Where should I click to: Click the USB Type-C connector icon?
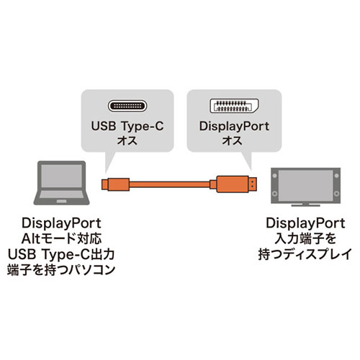(x=127, y=106)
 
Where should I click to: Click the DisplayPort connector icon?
(x=234, y=106)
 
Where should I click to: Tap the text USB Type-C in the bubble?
(x=127, y=127)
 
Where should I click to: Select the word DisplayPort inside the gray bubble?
(x=234, y=127)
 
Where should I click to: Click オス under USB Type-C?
(x=127, y=140)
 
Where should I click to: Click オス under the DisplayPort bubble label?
(x=232, y=140)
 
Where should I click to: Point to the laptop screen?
(x=62, y=176)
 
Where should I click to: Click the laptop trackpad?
(x=61, y=201)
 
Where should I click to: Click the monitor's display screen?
(x=305, y=185)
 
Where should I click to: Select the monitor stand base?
(x=305, y=205)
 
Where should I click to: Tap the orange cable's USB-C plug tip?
(x=104, y=184)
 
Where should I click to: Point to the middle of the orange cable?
(x=169, y=184)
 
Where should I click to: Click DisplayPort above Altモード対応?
(x=61, y=223)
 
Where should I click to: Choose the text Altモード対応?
(x=61, y=239)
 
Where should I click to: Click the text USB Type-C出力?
(x=61, y=254)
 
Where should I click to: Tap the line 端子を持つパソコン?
(x=61, y=270)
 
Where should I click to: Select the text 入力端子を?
(x=305, y=239)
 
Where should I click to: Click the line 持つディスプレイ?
(x=305, y=254)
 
